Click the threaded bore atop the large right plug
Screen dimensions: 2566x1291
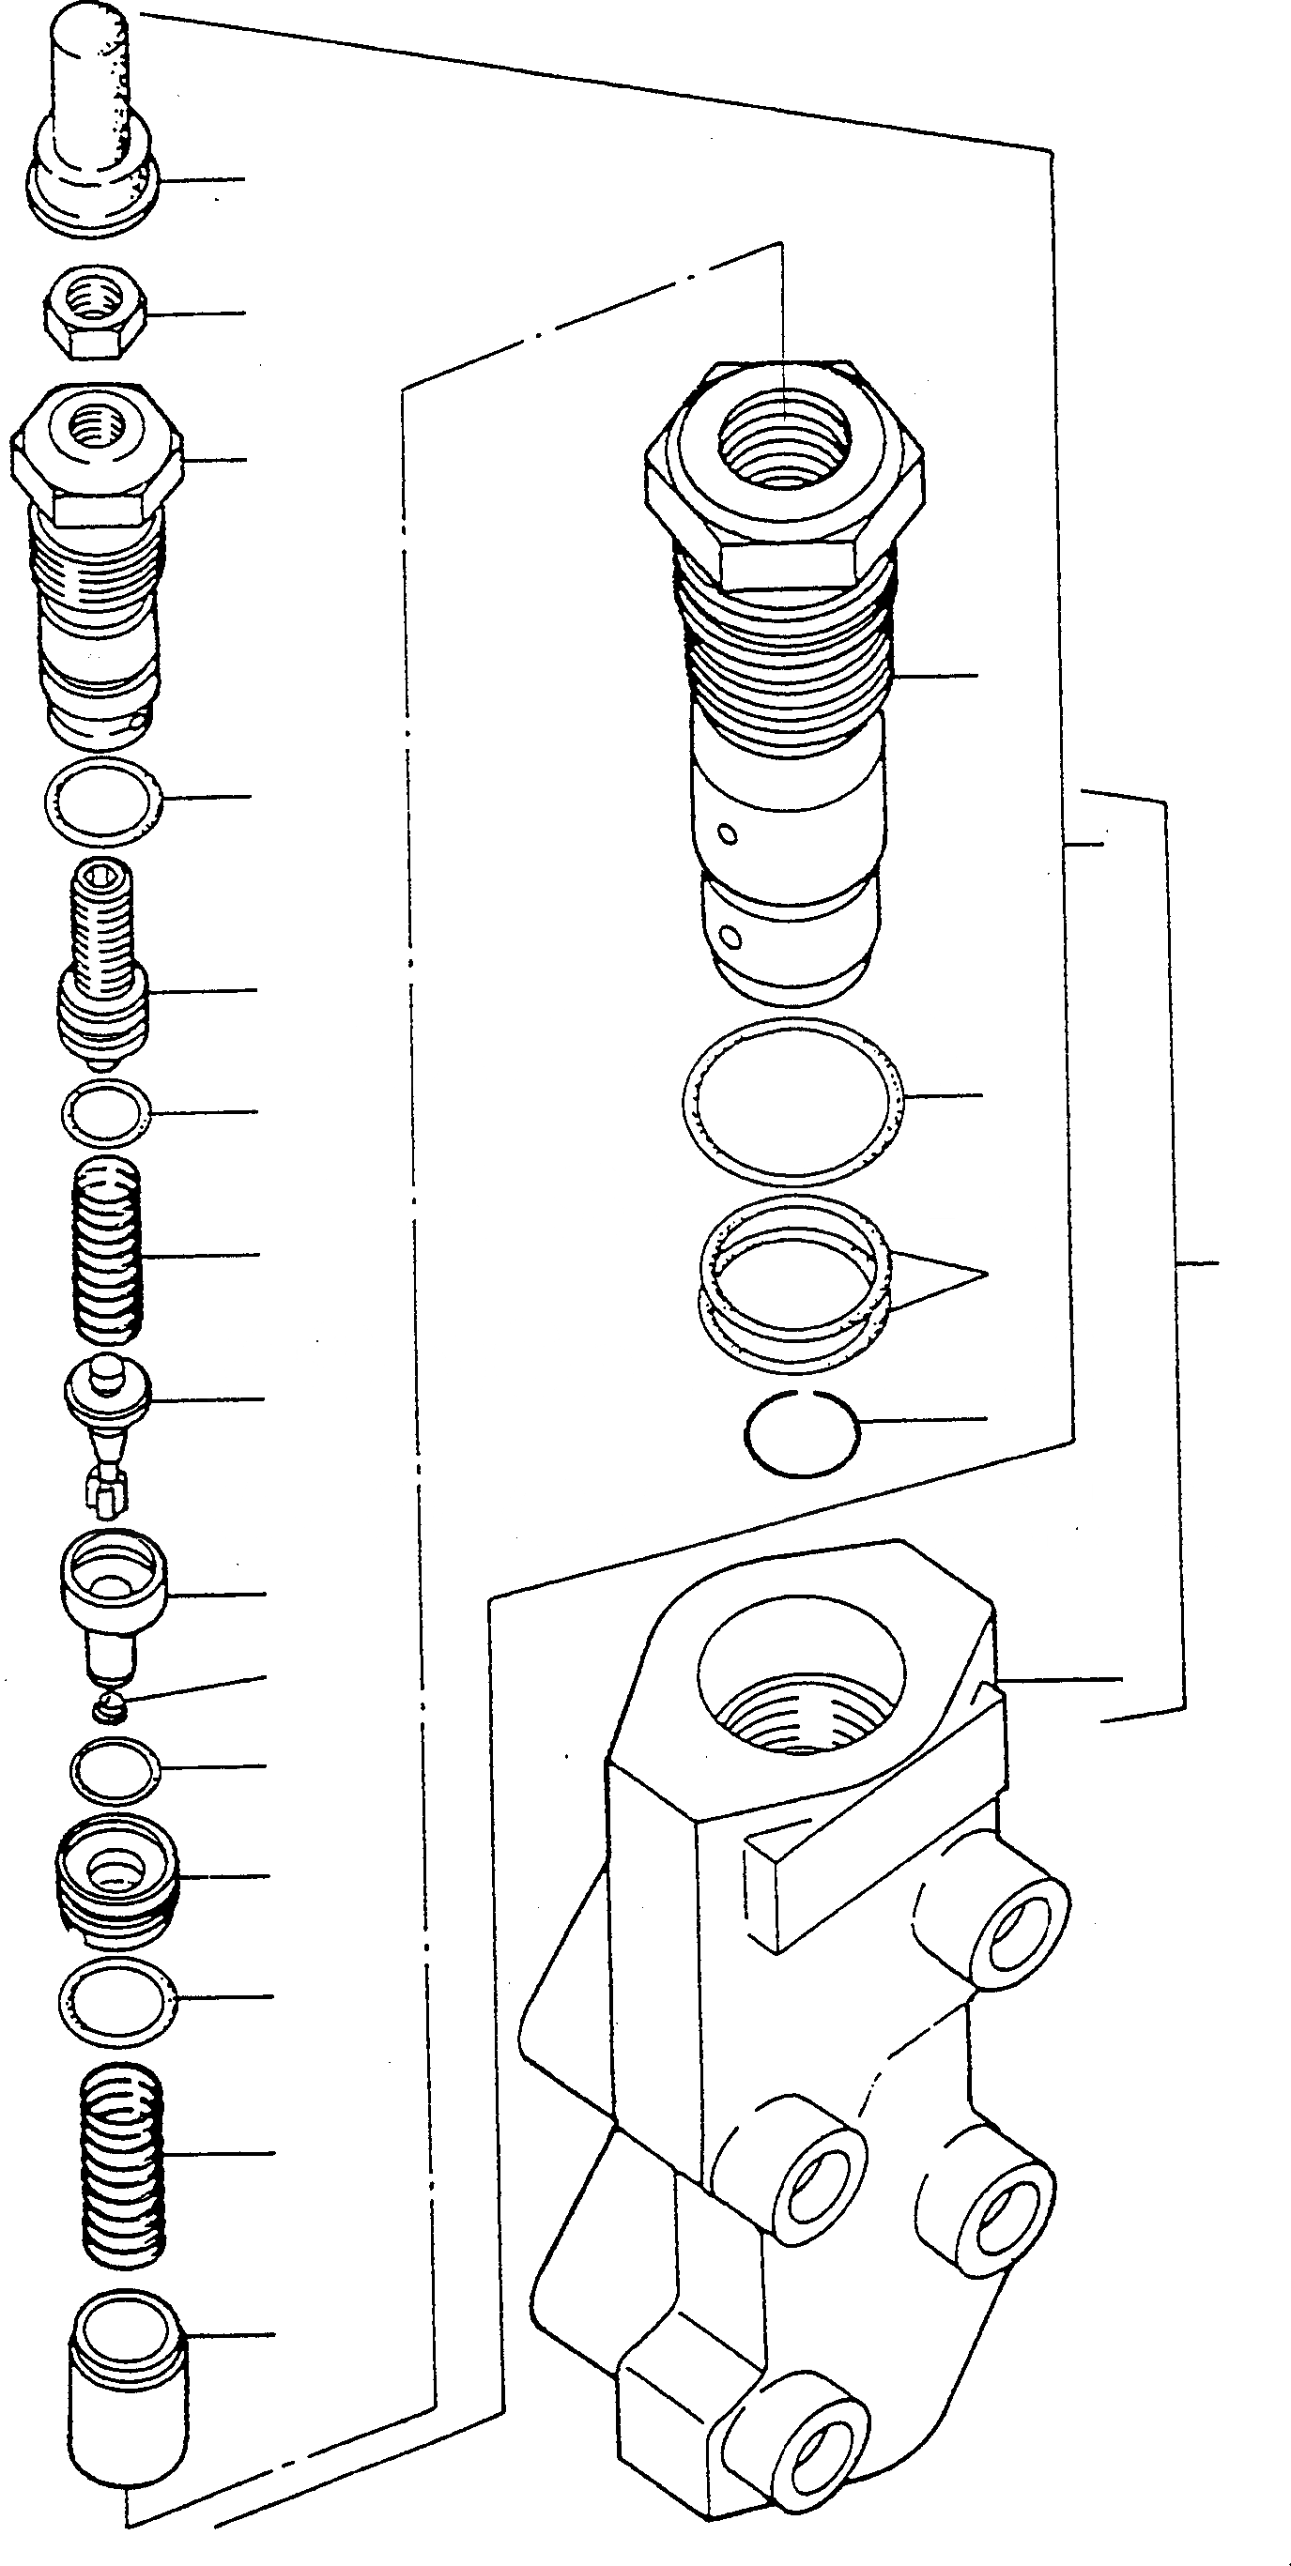click(784, 434)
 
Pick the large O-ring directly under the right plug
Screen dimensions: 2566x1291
click(794, 1095)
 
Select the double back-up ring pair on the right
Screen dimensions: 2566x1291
click(794, 1275)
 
